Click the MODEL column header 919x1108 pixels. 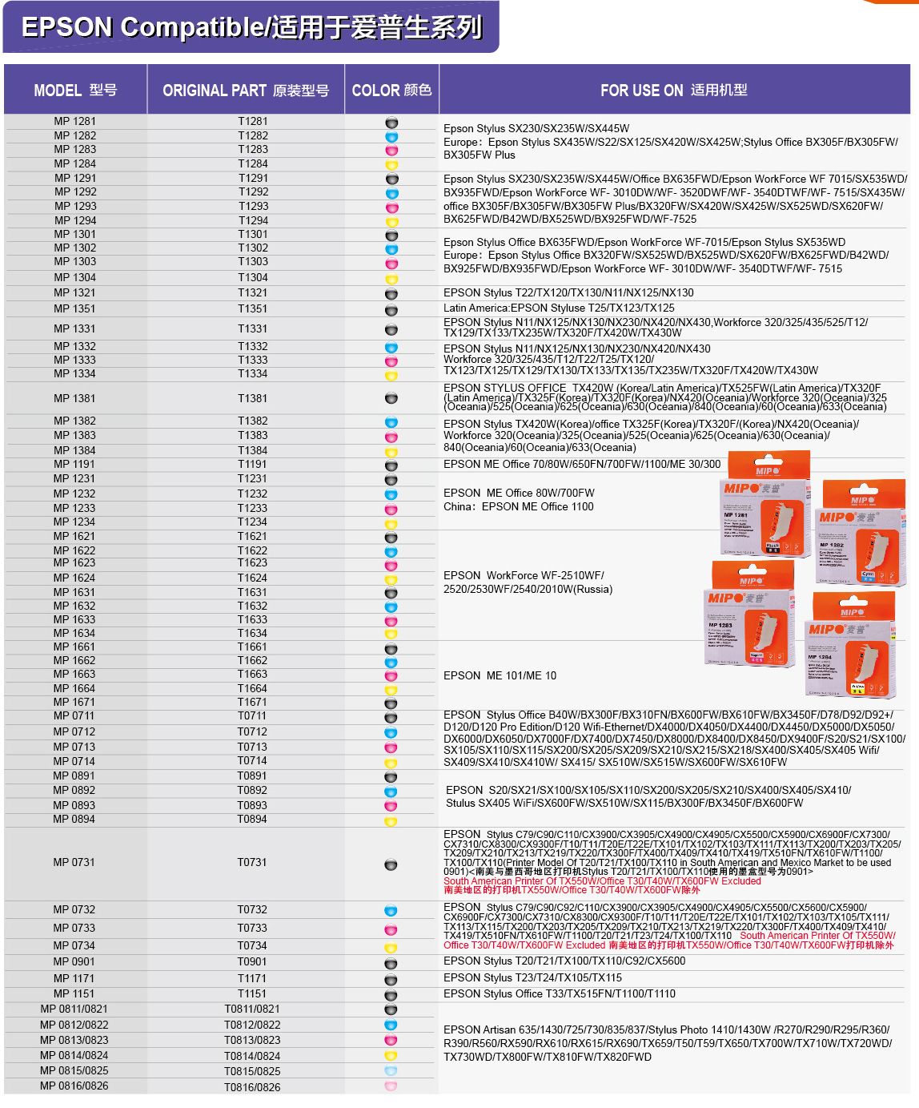[75, 91]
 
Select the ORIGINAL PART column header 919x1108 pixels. [246, 91]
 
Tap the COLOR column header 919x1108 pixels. [391, 91]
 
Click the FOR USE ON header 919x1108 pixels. [674, 91]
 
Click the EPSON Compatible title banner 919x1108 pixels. [251, 27]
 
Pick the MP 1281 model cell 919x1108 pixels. [75, 122]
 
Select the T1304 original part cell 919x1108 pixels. [253, 277]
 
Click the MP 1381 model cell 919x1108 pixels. [75, 398]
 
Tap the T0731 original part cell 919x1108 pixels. [252, 862]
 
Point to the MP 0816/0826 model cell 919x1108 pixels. [74, 1086]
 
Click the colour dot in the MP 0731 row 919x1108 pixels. [391, 864]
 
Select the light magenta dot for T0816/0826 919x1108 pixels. [391, 1086]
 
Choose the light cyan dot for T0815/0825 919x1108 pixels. [391, 1071]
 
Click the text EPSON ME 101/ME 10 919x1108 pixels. [500, 675]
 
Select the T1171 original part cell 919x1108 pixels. [252, 978]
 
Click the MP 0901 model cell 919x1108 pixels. [75, 961]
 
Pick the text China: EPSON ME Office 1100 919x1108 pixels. [519, 506]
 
